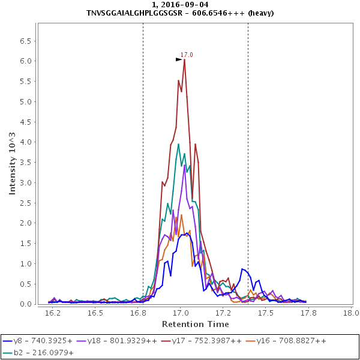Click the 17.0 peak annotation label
tap(187, 55)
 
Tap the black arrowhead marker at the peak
tap(179, 59)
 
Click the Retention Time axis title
tap(195, 324)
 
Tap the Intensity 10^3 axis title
tap(12, 164)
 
